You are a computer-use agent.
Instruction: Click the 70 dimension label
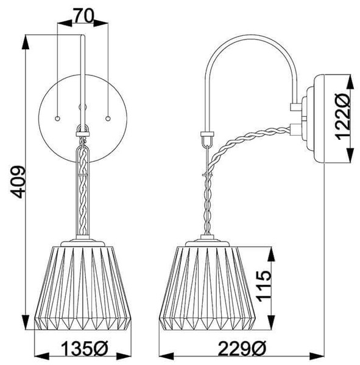click(83, 15)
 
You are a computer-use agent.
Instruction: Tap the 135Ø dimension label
click(85, 348)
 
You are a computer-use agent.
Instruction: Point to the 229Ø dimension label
click(242, 348)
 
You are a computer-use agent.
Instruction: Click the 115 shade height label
click(264, 286)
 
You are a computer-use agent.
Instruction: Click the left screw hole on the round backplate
click(57, 119)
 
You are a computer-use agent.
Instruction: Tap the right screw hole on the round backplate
click(108, 119)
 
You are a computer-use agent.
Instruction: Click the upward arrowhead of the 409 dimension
click(26, 43)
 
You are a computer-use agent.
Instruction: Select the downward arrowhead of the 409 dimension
click(26, 322)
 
